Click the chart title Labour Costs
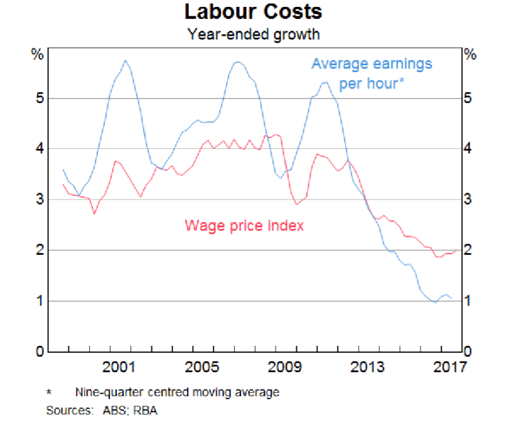pos(254,12)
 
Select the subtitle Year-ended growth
pos(254,33)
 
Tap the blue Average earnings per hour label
pos(372,73)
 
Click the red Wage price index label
pos(244,225)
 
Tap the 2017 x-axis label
pos(450,367)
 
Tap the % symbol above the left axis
pos(38,54)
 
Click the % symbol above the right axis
pos(470,54)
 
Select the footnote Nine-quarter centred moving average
pos(177,393)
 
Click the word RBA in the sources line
pos(151,411)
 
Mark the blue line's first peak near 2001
pos(126,60)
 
